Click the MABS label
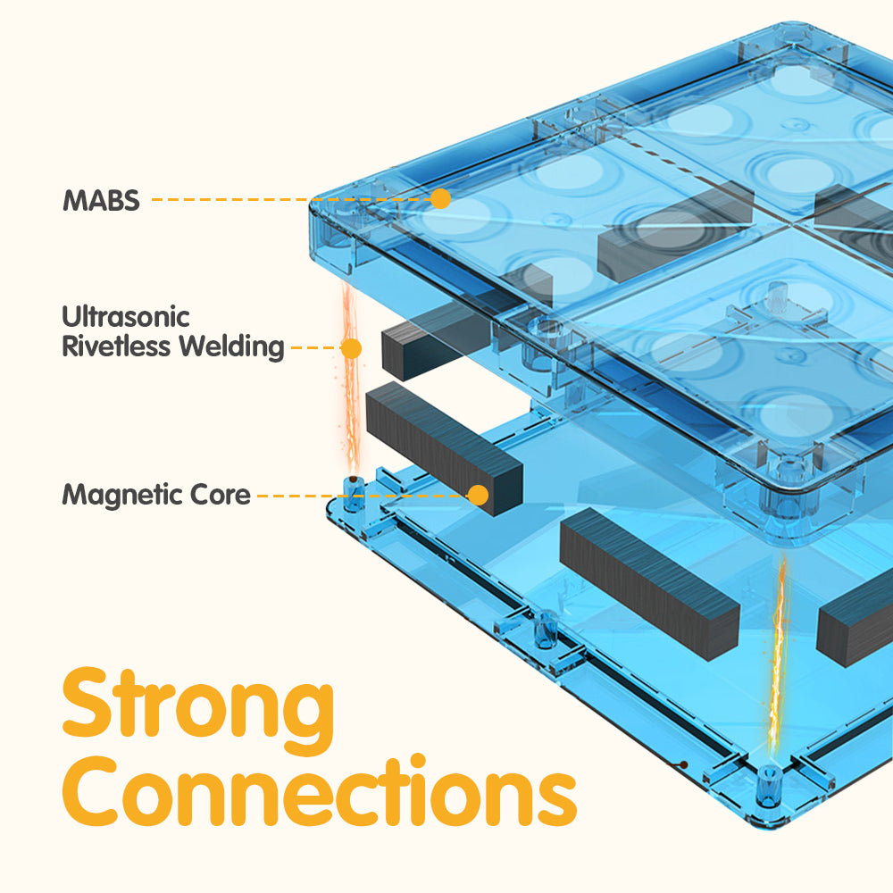point(101,200)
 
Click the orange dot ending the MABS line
point(439,198)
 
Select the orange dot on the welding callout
point(352,347)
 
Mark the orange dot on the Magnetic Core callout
point(480,494)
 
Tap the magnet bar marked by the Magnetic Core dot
point(442,446)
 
